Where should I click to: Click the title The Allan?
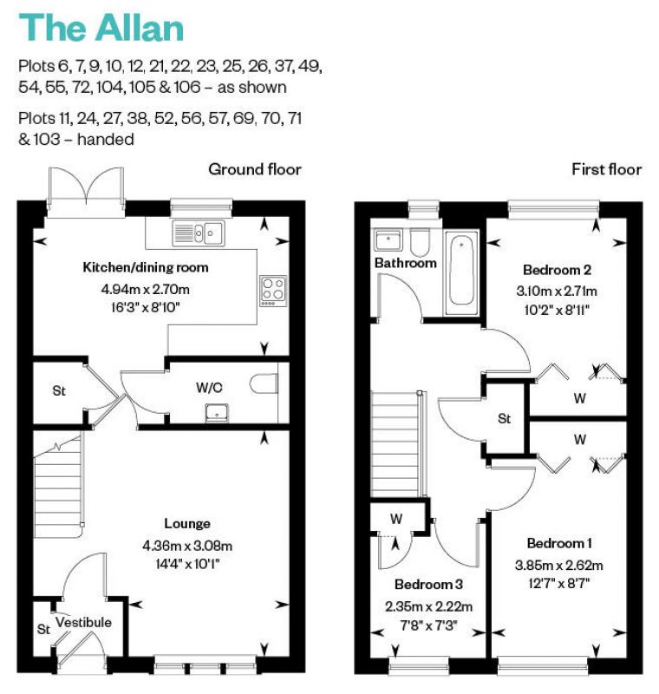click(101, 28)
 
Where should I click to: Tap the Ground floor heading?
click(255, 169)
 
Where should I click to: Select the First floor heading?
click(606, 169)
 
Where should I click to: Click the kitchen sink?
click(199, 232)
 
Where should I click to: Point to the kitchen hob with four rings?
click(273, 291)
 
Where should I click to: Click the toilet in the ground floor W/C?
click(264, 383)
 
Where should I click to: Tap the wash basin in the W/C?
click(217, 413)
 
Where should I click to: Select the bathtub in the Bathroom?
click(461, 272)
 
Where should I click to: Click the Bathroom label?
click(405, 263)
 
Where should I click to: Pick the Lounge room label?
click(187, 524)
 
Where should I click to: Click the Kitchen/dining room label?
click(146, 267)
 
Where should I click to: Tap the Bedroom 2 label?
click(557, 270)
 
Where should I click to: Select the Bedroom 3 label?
click(428, 584)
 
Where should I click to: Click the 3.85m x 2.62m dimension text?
click(559, 566)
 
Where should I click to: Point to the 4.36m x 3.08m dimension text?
click(187, 546)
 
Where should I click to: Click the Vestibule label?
click(83, 622)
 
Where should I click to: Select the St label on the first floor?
click(504, 419)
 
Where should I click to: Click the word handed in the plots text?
click(105, 139)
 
